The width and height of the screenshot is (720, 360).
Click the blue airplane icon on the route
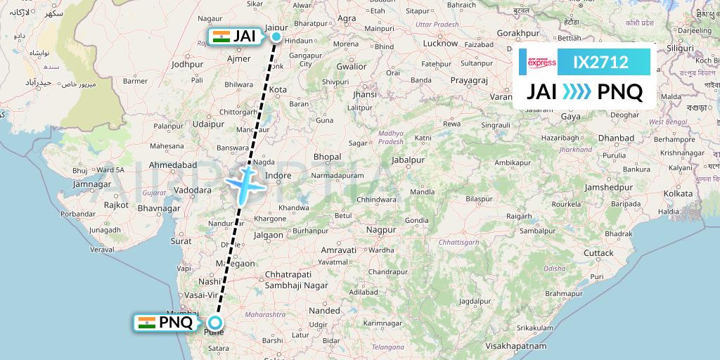click(x=245, y=184)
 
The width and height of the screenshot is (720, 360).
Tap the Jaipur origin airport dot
click(x=276, y=37)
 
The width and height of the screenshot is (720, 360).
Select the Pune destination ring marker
click(x=214, y=323)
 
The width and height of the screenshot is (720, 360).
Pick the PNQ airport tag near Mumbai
click(x=176, y=323)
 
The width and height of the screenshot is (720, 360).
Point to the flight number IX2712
click(x=600, y=63)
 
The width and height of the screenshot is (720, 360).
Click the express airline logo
click(x=541, y=63)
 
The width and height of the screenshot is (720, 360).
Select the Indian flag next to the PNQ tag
click(x=147, y=323)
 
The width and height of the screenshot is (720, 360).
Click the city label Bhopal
click(x=327, y=157)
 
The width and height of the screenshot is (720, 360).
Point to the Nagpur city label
click(x=382, y=230)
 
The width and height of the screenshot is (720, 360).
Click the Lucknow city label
click(x=440, y=43)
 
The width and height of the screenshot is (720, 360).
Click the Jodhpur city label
click(x=187, y=64)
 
